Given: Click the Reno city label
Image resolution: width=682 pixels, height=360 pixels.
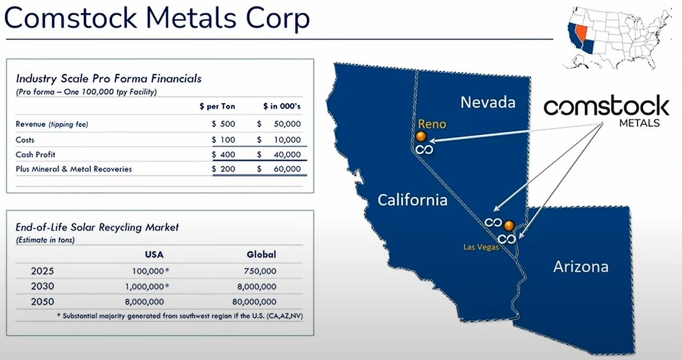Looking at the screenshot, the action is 432,124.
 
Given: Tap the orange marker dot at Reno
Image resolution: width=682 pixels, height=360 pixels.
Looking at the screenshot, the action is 421,137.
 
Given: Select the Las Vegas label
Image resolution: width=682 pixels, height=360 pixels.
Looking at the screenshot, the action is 480,247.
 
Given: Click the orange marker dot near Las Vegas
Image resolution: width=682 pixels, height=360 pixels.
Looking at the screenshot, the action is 509,226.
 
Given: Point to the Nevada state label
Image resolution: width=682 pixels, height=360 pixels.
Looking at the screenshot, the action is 487,102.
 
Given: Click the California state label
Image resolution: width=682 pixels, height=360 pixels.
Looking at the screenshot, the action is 413,200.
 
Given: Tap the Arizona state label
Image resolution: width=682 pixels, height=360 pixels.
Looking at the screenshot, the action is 581,267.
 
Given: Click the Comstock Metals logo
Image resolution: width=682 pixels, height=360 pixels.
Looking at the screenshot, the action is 606,111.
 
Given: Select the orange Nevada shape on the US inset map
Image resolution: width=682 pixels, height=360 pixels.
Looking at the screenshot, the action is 581,34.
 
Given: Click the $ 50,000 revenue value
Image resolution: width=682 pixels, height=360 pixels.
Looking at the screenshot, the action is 279,124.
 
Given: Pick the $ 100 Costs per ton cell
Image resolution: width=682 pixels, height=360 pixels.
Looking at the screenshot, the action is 224,140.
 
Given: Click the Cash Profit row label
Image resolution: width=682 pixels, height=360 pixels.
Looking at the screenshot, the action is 36,155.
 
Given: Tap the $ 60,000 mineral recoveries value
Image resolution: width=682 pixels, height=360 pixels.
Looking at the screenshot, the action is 279,169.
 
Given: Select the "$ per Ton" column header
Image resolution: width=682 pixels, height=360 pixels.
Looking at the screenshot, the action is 217,106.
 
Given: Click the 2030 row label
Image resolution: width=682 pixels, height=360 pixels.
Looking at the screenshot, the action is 43,286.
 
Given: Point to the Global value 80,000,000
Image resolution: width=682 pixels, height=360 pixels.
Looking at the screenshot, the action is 254,301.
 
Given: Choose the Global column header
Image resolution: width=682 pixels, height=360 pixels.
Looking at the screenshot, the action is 261,254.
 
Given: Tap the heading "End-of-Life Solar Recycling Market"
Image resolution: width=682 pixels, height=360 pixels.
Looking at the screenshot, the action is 97,227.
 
